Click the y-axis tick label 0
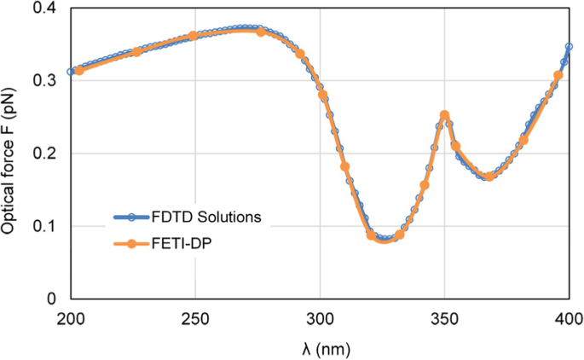point(53,299)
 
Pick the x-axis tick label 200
point(70,318)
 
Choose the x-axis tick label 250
point(195,318)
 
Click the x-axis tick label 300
point(320,318)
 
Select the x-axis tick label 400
point(569,318)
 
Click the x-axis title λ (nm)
point(320,348)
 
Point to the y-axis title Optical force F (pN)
point(12,154)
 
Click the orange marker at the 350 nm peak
point(444,115)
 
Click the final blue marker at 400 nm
point(569,47)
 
